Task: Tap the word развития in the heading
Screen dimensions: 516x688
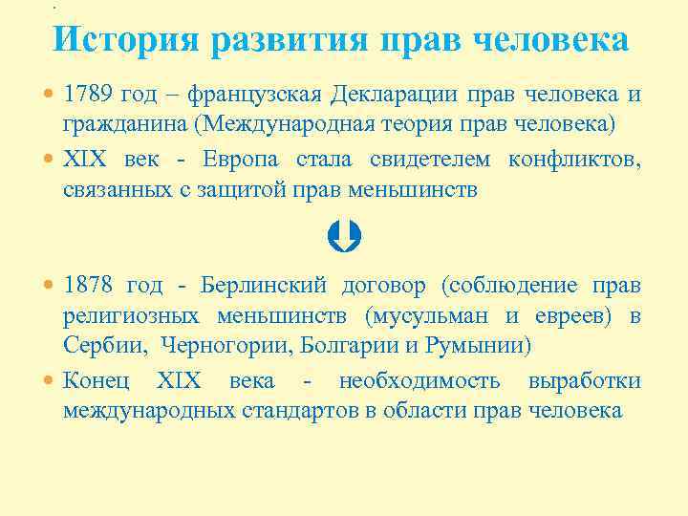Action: pos(291,39)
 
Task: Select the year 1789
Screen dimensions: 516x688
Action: pos(88,96)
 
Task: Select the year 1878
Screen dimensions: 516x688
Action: pos(88,285)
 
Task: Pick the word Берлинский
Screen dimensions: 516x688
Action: pos(264,285)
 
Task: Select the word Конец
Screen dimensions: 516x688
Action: pos(93,380)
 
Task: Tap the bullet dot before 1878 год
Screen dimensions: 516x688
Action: pos(51,286)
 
